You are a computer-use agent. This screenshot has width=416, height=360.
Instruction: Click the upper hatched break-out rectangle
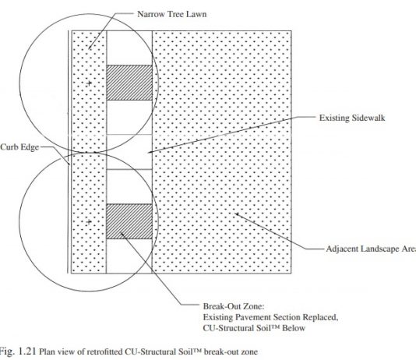(129, 83)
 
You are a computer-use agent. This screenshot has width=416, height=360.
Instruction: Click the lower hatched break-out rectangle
(129, 221)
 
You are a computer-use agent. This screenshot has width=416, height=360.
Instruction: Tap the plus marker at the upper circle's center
(89, 83)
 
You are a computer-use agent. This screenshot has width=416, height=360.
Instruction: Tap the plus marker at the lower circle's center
(89, 221)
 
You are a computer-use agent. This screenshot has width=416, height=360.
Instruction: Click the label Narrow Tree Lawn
(171, 14)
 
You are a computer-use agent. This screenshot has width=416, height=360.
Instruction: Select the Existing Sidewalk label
(352, 118)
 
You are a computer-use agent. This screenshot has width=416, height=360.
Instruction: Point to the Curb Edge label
(19, 147)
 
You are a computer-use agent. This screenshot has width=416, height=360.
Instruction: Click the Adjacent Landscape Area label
(371, 249)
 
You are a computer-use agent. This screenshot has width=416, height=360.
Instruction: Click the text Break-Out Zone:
(234, 306)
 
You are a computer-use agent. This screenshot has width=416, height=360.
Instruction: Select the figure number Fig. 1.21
(18, 351)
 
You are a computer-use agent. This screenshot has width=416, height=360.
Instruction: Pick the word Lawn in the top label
(196, 14)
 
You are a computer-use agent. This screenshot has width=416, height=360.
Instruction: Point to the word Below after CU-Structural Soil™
(294, 328)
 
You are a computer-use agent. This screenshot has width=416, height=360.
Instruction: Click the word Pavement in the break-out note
(253, 317)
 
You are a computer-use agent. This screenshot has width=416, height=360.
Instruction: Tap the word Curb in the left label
(8, 147)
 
